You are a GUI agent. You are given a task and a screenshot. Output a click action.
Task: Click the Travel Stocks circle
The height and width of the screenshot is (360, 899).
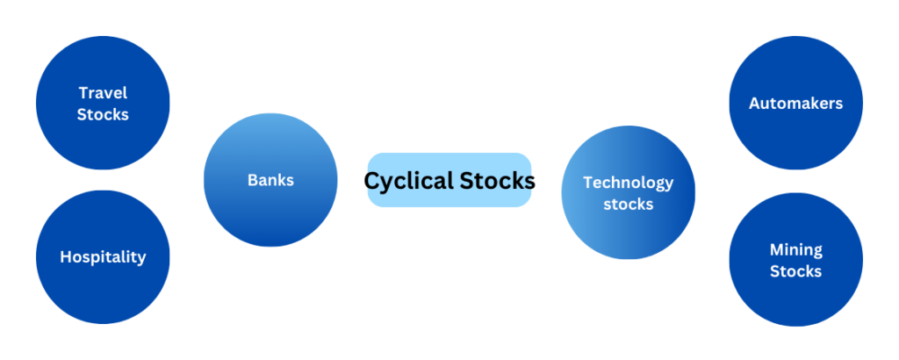(103, 103)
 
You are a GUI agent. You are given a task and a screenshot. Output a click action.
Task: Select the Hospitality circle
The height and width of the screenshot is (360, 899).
(103, 256)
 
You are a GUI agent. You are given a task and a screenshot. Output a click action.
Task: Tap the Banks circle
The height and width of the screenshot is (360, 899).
(270, 180)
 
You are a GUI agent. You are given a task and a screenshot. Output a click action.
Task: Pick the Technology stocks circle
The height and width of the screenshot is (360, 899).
(629, 192)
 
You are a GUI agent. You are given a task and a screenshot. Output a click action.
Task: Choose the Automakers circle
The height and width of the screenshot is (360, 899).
(795, 103)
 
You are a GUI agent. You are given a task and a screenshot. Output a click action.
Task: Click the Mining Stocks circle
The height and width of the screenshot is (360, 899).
(795, 259)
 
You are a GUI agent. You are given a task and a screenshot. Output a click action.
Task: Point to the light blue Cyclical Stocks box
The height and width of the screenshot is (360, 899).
(449, 180)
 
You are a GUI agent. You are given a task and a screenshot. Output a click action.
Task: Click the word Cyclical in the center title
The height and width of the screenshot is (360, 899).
(403, 182)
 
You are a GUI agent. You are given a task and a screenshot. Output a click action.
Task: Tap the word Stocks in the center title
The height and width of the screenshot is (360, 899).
(492, 181)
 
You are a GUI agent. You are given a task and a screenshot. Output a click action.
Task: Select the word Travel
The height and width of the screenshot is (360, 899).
(104, 93)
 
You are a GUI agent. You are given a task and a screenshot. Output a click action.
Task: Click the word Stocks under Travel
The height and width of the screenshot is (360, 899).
(104, 114)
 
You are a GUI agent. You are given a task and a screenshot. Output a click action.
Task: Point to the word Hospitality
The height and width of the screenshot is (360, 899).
(104, 256)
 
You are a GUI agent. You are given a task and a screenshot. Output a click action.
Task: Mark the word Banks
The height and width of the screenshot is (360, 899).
(270, 180)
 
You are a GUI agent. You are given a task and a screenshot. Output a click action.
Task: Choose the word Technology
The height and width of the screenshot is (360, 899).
(629, 184)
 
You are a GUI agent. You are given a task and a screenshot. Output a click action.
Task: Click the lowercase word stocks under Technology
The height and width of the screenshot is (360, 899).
(629, 204)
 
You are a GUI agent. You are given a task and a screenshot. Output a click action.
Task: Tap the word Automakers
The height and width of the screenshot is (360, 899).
(795, 104)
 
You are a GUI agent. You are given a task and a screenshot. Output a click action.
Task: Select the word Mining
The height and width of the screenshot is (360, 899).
(795, 250)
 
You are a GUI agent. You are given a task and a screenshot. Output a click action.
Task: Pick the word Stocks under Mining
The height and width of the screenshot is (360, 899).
(795, 270)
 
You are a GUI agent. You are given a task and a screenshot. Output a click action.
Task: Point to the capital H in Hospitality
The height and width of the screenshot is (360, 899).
(66, 256)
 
